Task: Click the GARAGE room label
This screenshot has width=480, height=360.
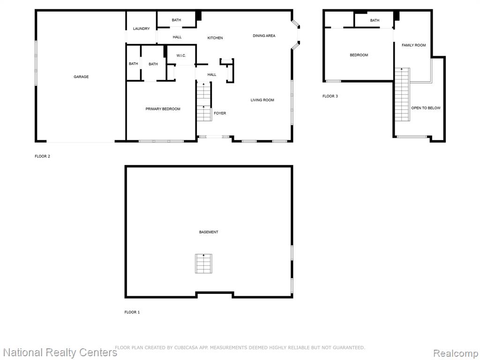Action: tap(81, 77)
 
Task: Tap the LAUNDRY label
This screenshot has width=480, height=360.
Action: tap(141, 29)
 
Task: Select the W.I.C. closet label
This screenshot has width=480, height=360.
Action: tap(181, 56)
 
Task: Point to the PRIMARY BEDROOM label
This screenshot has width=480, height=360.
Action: tap(163, 109)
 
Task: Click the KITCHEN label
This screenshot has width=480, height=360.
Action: tap(215, 38)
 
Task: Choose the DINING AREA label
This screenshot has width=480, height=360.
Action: tap(264, 36)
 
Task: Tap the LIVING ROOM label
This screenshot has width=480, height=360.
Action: tap(262, 100)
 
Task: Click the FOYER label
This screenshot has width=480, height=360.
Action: tap(220, 113)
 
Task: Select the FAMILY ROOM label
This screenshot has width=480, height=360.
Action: tap(413, 45)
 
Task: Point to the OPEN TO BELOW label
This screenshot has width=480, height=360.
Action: tap(426, 108)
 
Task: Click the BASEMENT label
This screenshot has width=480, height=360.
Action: tap(209, 232)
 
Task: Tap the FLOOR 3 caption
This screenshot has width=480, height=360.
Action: tap(330, 96)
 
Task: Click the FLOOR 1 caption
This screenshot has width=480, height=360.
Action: tap(132, 312)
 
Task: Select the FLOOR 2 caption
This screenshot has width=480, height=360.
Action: tap(42, 157)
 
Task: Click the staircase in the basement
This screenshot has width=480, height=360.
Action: tap(203, 263)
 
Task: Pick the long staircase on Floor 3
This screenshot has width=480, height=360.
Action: tap(402, 94)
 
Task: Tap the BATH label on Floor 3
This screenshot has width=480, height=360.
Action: tap(375, 21)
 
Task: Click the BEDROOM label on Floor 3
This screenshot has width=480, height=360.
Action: tap(359, 55)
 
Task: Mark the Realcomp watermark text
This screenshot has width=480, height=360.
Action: tap(456, 353)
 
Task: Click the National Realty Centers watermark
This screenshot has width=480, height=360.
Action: tap(60, 352)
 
